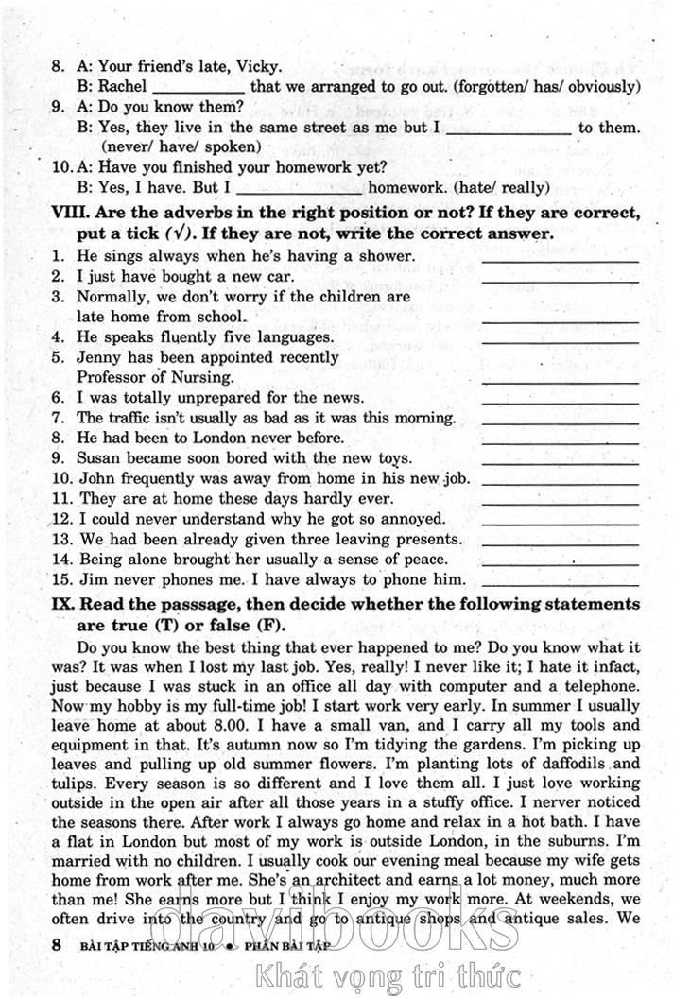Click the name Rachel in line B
pyautogui.click(x=122, y=86)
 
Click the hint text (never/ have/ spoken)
pyautogui.click(x=181, y=146)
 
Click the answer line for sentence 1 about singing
pyautogui.click(x=560, y=260)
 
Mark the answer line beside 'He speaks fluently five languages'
pyautogui.click(x=560, y=340)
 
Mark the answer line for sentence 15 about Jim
pyautogui.click(x=560, y=583)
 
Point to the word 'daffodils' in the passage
pyautogui.click(x=554, y=764)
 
